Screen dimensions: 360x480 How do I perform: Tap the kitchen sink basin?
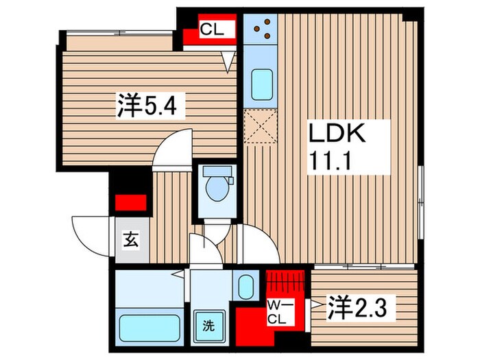click(x=260, y=85)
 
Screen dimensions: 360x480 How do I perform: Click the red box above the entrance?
click(x=130, y=203)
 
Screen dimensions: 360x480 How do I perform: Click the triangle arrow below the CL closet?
click(x=228, y=62)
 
